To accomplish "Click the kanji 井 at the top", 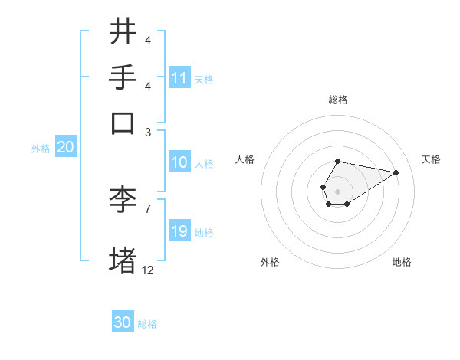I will tap(123, 33).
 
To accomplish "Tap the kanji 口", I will tap(123, 123).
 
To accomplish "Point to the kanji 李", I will tap(123, 201).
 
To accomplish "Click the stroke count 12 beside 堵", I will tap(148, 270).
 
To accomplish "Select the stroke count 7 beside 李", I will tap(148, 208).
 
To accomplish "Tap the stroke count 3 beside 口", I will tap(148, 132).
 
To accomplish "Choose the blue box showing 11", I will tap(179, 78).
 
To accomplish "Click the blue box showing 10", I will tap(179, 162).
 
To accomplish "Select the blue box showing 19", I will tap(179, 231).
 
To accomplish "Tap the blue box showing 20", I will tap(65, 148).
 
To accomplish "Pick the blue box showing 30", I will tap(123, 322).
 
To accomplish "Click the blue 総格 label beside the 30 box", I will tap(147, 324).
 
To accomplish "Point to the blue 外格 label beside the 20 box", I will tap(41, 149).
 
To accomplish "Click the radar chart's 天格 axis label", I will tap(431, 159).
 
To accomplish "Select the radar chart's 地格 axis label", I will tap(402, 262).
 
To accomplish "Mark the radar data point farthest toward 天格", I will tap(396, 172).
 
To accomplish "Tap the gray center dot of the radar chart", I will tap(337, 191).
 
